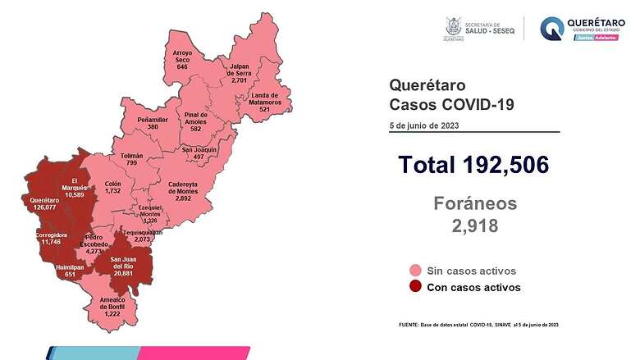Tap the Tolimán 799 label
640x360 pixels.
[x=131, y=160]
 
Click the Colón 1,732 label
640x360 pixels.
[x=112, y=187]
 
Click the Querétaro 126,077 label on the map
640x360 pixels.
[x=43, y=204]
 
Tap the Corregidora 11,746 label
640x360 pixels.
[x=51, y=239]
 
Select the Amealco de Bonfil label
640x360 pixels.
[x=106, y=308]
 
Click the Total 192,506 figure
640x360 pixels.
[x=473, y=165]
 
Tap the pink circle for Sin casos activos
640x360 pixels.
[x=416, y=271]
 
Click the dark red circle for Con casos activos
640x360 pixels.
[x=416, y=287]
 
